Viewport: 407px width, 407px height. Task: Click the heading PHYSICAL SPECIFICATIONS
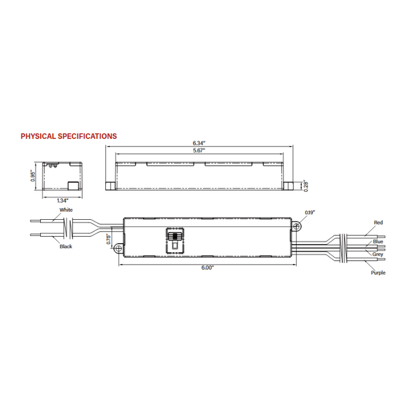point(69,136)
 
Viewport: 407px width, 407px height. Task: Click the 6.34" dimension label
point(199,142)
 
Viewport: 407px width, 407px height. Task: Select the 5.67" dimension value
point(199,150)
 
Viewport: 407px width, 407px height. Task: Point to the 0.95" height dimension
point(33,176)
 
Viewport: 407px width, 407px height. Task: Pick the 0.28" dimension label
point(305,185)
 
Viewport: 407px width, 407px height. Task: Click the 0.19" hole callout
point(309,213)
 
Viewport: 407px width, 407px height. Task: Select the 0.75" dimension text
point(109,240)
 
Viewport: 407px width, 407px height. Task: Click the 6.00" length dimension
point(208,267)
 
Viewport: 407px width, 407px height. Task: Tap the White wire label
point(66,209)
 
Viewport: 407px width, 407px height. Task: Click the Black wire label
point(66,247)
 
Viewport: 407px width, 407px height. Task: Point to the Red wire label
point(379,223)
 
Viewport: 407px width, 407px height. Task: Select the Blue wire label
point(378,241)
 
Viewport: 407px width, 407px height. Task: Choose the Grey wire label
point(378,254)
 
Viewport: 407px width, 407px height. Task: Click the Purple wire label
point(378,272)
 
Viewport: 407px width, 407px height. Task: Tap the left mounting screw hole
point(119,249)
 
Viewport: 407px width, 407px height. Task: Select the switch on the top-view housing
point(173,239)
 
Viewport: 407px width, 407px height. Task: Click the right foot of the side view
point(288,185)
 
